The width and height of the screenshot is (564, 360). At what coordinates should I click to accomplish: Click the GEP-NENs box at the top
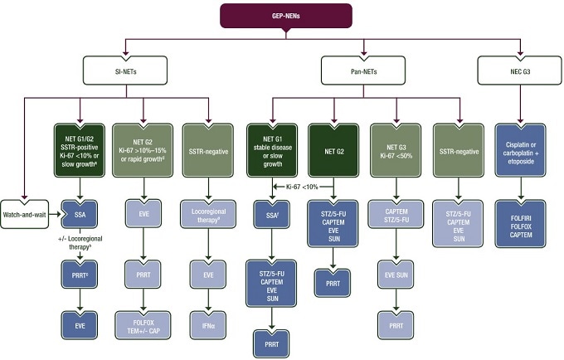[286, 16]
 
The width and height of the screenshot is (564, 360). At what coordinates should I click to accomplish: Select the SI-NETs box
[125, 71]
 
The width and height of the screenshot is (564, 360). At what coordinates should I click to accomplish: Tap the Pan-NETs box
[363, 71]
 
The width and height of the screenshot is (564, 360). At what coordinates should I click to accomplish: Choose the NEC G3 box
[520, 71]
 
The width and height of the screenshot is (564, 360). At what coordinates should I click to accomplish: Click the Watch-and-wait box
[24, 214]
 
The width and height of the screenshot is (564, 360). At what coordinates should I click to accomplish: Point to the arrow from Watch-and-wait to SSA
[55, 214]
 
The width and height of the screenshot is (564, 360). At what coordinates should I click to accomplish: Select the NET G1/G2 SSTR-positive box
[80, 151]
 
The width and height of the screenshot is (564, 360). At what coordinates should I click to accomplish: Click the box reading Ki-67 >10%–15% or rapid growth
[143, 151]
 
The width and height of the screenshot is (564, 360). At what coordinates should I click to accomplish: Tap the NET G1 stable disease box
[272, 151]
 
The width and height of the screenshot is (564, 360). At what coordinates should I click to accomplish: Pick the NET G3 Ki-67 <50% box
[396, 151]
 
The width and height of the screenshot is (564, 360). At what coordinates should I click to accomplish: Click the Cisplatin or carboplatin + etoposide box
[521, 151]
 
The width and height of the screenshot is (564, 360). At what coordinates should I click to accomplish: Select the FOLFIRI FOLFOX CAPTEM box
[521, 225]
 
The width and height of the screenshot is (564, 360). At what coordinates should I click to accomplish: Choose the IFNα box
[208, 325]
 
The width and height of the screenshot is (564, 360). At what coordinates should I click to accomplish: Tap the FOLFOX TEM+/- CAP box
[143, 325]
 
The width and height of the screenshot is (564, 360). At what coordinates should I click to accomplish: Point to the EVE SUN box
[396, 275]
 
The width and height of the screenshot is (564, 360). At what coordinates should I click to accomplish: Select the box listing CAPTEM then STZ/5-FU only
[396, 214]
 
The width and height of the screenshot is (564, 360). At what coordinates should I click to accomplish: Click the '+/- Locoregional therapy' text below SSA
[80, 243]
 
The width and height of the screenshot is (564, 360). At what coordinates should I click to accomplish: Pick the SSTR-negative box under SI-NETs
[208, 151]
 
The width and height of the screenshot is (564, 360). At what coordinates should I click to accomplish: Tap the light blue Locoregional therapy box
[208, 214]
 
